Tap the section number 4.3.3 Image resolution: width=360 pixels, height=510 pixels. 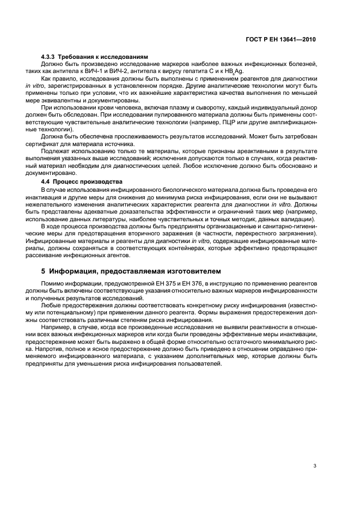coord(50,57)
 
